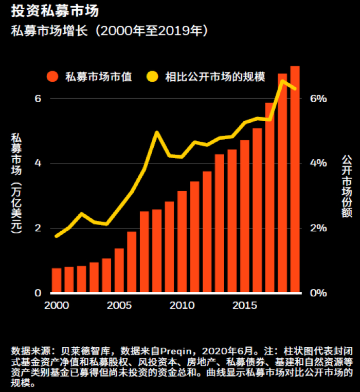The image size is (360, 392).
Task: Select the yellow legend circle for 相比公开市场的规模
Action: tap(152, 77)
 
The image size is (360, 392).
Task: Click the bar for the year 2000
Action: tap(57, 280)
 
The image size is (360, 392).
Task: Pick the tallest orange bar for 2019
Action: tap(295, 180)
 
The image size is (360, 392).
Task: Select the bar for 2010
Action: tap(182, 241)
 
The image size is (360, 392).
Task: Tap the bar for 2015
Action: tap(245, 216)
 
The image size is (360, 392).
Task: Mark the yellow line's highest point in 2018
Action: tap(282, 81)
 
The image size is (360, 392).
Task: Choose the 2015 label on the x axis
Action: tap(244, 305)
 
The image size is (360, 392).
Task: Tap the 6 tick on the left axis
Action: tap(38, 98)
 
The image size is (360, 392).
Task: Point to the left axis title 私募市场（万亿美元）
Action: tap(16, 182)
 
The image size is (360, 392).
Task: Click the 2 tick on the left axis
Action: tap(38, 228)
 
